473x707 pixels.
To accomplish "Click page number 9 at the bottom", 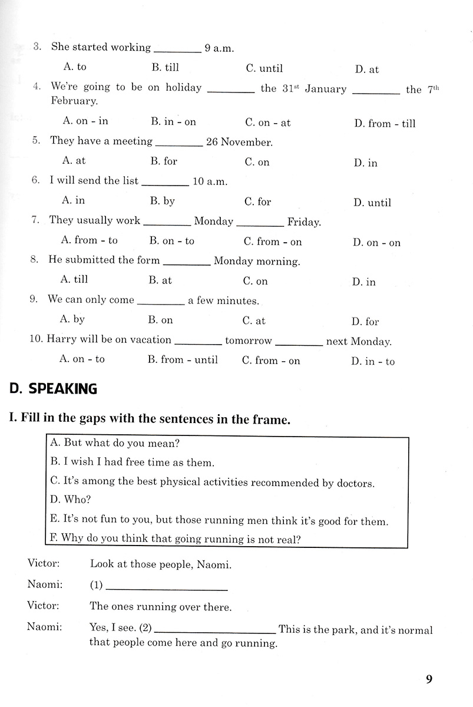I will coord(429,679).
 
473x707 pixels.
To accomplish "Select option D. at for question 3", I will coord(366,70).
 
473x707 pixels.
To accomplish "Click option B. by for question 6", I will coord(162,201).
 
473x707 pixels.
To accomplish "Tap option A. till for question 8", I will coord(74,279).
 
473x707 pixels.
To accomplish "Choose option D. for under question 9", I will coord(365,322).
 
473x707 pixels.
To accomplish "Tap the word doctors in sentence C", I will coord(355,483).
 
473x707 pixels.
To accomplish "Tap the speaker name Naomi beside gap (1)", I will coord(44,585).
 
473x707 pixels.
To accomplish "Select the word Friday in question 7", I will coord(303,222).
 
